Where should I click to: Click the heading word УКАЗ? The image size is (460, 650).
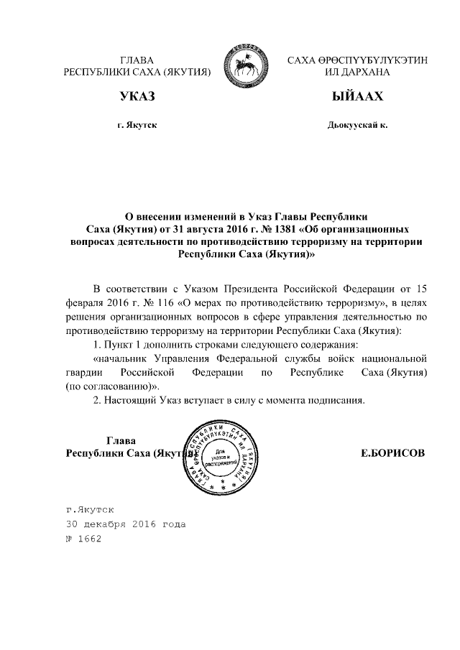point(137,96)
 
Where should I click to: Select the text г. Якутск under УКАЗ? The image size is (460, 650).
point(137,125)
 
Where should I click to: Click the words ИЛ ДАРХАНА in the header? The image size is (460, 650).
point(357,73)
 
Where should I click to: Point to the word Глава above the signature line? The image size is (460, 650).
point(121,440)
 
